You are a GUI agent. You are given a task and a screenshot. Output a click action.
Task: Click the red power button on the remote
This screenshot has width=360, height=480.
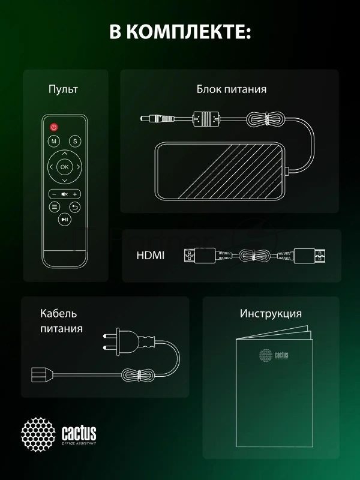pyautogui.click(x=53, y=127)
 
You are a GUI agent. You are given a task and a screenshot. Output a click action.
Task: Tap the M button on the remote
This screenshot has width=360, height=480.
pyautogui.click(x=54, y=142)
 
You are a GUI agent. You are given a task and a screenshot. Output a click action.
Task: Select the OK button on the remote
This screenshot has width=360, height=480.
pyautogui.click(x=65, y=166)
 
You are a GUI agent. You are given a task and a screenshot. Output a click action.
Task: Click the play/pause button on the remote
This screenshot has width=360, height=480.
pyautogui.click(x=65, y=220)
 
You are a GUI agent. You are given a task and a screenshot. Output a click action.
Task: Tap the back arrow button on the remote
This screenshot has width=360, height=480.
pyautogui.click(x=75, y=207)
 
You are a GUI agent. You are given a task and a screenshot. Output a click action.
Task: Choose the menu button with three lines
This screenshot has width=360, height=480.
pyautogui.click(x=55, y=207)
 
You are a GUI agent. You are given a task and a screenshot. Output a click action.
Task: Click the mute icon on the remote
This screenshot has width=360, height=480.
pyautogui.click(x=65, y=194)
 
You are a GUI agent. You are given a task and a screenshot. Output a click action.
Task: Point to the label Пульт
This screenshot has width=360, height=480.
pyautogui.click(x=63, y=89)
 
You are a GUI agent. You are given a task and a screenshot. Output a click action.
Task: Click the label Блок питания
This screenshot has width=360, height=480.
pyautogui.click(x=232, y=89)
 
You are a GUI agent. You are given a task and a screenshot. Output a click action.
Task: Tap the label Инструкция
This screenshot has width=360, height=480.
pyautogui.click(x=271, y=314)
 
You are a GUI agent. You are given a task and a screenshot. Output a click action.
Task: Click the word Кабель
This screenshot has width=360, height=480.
pyautogui.click(x=59, y=314)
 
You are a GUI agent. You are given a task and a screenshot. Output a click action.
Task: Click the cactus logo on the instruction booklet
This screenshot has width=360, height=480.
pyautogui.click(x=274, y=355)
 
